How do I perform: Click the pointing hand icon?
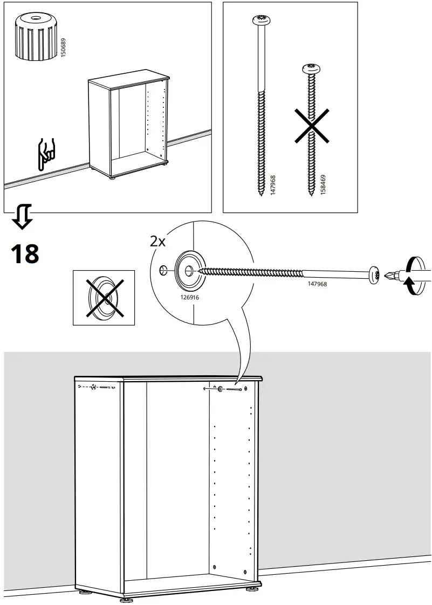coord(46,155)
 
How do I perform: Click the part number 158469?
coord(323,183)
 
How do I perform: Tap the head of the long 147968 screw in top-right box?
coord(260,21)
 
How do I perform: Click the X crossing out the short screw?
coord(313,126)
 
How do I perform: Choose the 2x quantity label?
coord(157,241)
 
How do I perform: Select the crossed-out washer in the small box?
coord(104,297)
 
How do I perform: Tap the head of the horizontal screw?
coord(374,274)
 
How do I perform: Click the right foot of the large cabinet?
coord(252,589)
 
